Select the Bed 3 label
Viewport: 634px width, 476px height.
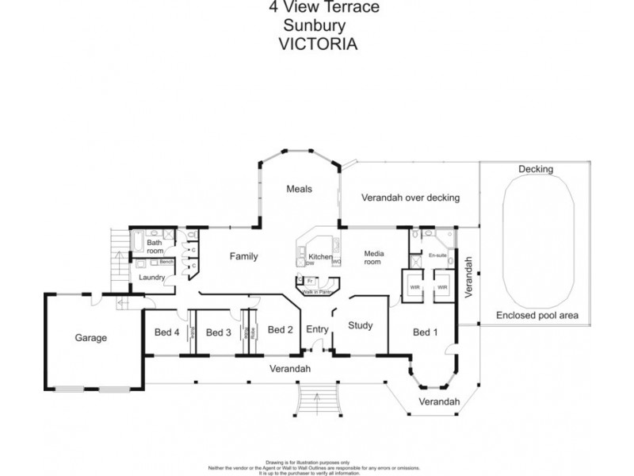[218, 332]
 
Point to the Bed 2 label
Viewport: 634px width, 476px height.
[281, 330]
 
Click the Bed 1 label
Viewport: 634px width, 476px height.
[425, 332]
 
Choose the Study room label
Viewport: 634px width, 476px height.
[360, 325]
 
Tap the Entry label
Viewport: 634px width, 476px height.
[316, 330]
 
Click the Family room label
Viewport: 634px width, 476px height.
[244, 256]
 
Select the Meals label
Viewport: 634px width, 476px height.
[299, 189]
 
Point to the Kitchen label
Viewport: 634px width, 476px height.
[319, 257]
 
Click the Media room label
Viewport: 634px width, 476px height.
[374, 259]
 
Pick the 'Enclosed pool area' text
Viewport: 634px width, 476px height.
[537, 315]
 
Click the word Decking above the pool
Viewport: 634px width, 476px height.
[536, 169]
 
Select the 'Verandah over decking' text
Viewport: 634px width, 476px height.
[410, 198]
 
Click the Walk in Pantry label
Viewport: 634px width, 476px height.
[315, 292]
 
